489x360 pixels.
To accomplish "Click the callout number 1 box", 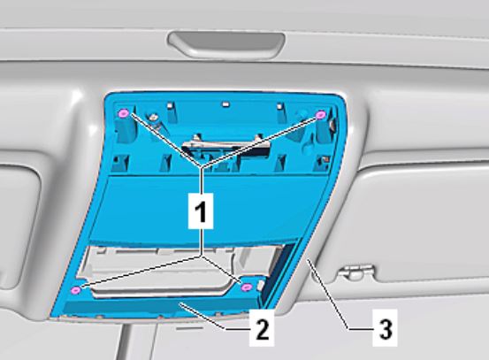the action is coord(201,211).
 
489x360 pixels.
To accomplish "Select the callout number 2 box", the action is coord(262,327).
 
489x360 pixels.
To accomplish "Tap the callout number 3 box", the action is coord(386,327).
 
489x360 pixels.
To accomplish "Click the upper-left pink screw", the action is coord(124,113).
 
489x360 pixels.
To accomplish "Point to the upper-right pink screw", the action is coord(320,115).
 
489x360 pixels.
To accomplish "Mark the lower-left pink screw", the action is coord(76,290).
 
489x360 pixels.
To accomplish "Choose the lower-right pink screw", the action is coord(247,287).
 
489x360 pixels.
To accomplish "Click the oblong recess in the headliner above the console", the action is coord(226,44).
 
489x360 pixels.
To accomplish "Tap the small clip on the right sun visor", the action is coord(356,272).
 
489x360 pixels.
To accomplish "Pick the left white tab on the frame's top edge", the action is coord(170,104).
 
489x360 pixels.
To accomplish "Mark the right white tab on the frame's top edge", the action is coord(279,106).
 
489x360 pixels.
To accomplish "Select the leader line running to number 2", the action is coord(215,316).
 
